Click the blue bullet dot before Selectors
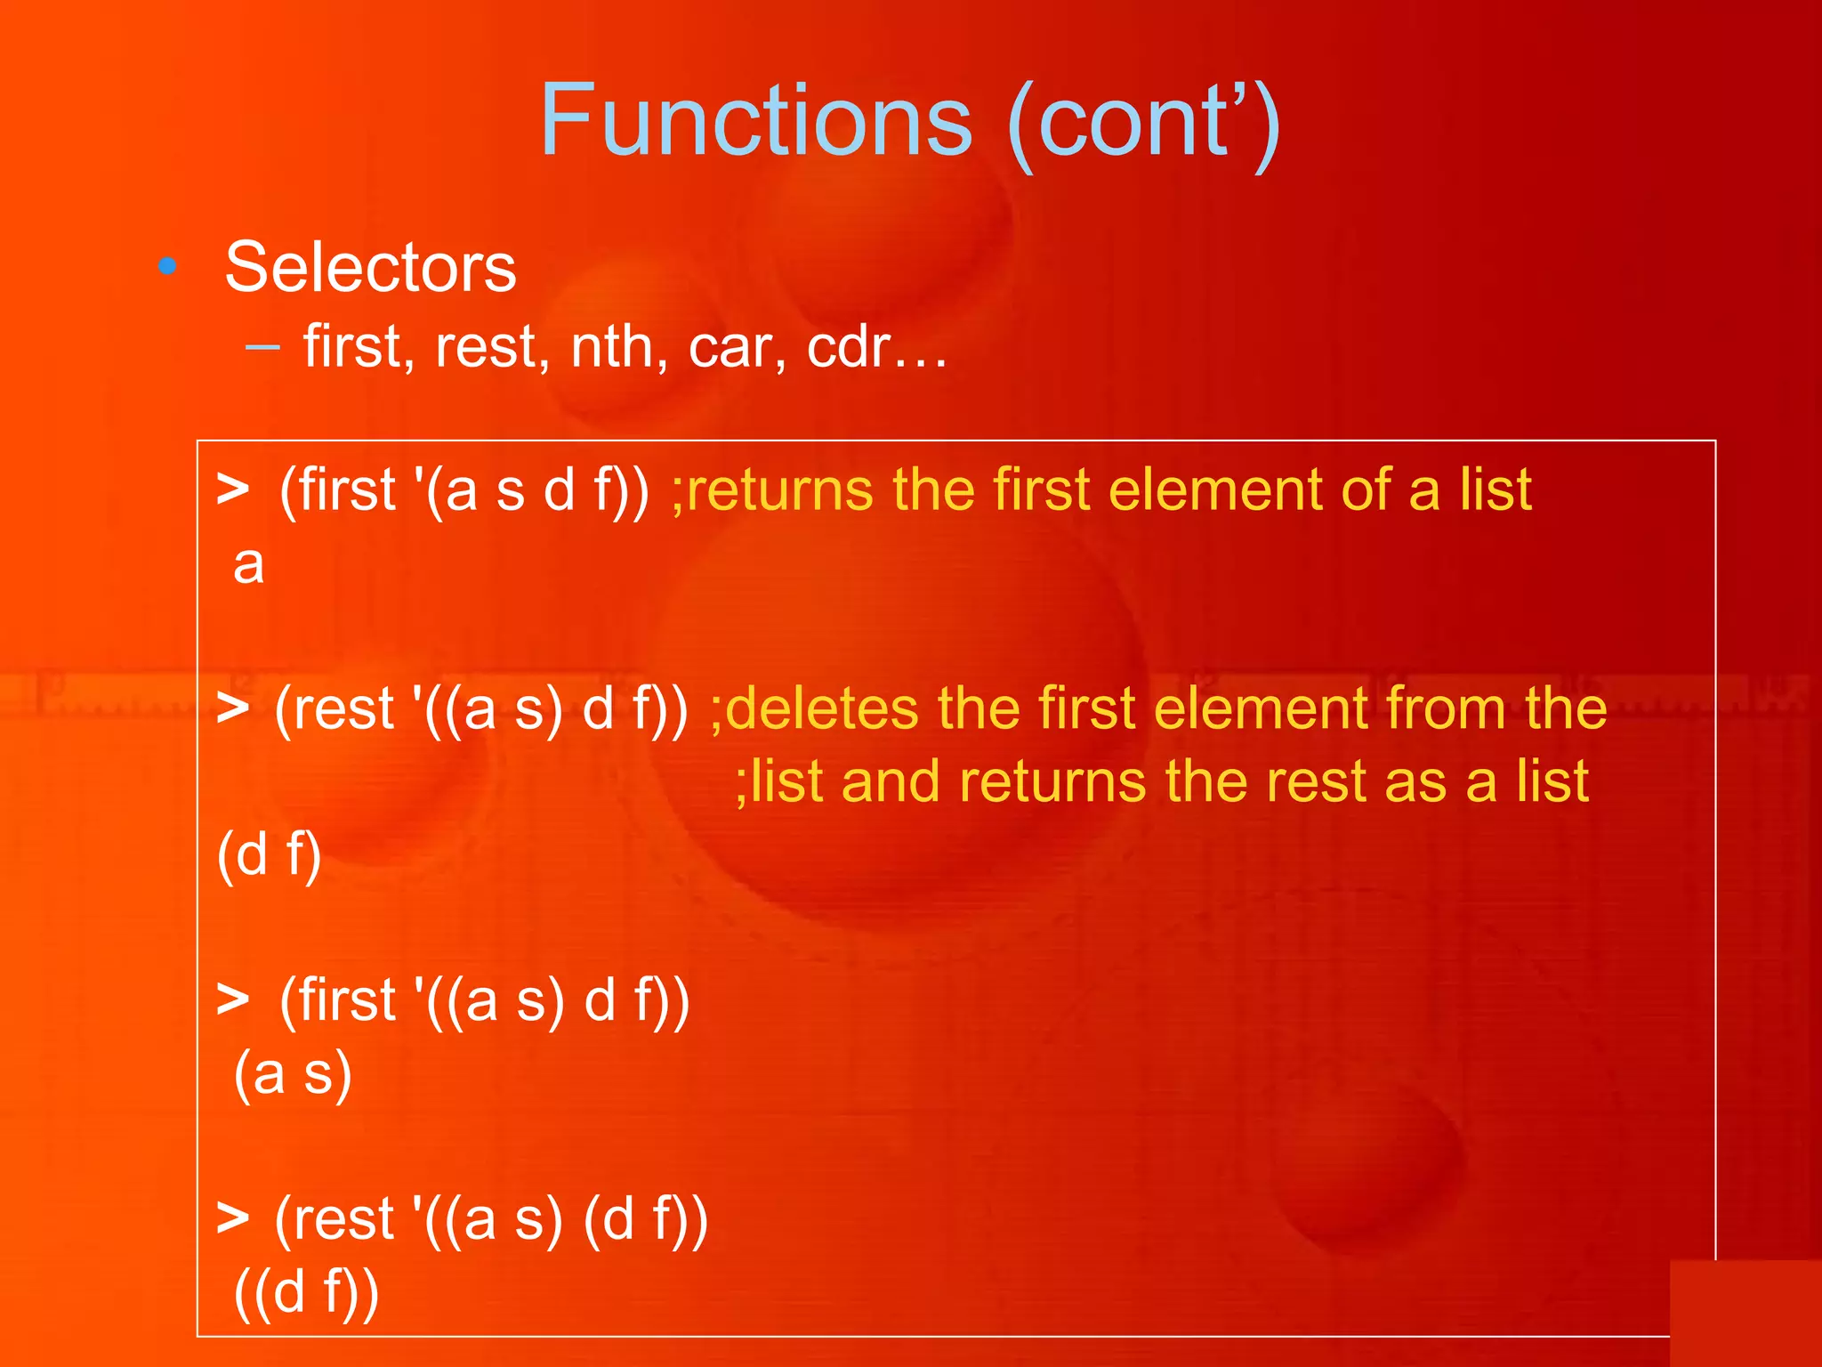(167, 265)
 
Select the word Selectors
(370, 267)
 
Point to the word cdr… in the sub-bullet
(876, 346)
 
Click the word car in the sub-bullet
(735, 348)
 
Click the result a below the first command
(248, 564)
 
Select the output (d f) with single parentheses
(269, 855)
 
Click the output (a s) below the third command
(293, 1073)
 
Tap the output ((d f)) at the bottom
(306, 1291)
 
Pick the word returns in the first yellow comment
(780, 489)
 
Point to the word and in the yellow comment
(890, 781)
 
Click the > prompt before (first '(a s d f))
(232, 490)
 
